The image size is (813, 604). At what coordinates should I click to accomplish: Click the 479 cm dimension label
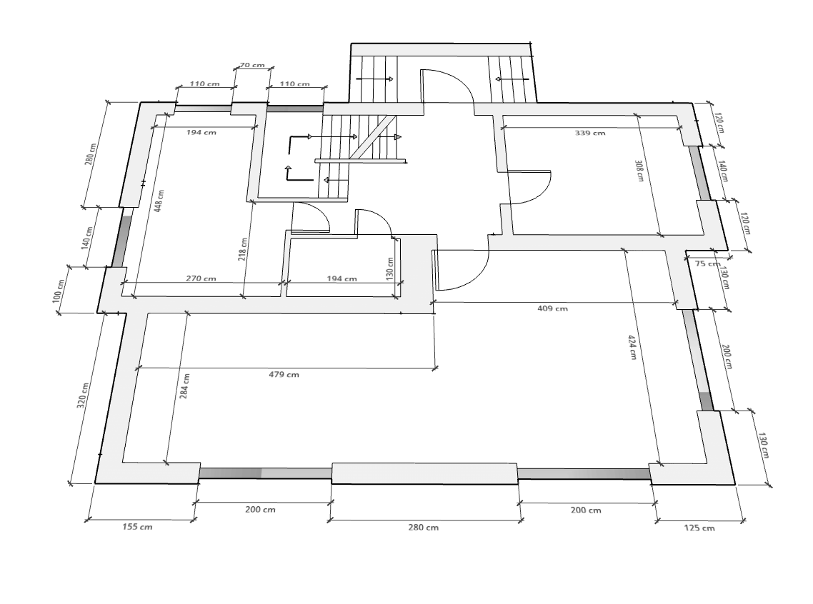click(284, 375)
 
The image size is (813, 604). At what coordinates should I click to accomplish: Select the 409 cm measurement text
click(552, 308)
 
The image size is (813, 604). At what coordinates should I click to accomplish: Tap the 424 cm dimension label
click(632, 347)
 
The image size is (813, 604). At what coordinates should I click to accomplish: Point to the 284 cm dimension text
click(184, 386)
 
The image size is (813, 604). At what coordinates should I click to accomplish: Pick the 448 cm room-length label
click(160, 200)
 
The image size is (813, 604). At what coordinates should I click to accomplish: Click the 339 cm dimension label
click(590, 133)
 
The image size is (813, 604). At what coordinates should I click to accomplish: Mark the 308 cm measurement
click(639, 170)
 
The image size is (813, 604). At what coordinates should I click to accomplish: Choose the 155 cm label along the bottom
click(137, 527)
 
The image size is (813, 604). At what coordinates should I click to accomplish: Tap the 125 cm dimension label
click(699, 528)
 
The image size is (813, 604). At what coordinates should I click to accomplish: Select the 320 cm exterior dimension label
click(83, 396)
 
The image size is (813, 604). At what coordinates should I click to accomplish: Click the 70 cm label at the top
click(252, 65)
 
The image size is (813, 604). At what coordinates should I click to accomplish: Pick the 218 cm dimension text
click(242, 249)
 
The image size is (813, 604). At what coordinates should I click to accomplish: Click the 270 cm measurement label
click(201, 278)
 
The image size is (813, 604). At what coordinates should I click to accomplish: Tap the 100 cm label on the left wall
click(60, 291)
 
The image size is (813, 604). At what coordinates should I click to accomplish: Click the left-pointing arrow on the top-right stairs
click(512, 79)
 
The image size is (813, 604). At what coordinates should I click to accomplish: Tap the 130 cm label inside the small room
click(390, 269)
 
